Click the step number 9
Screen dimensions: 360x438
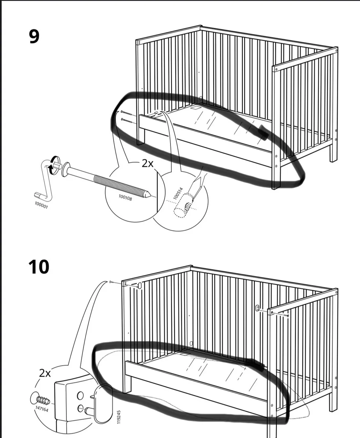click(34, 36)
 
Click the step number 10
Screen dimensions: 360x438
click(39, 267)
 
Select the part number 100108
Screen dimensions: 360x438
click(125, 197)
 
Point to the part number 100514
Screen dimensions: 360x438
click(178, 193)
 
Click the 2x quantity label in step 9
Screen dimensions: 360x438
click(148, 164)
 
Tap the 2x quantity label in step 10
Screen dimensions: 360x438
click(45, 374)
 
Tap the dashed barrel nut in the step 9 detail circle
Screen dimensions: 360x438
click(183, 205)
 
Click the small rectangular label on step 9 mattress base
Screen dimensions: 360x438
click(195, 108)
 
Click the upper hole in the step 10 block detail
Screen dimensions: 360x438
click(80, 395)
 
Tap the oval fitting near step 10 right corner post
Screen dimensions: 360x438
click(258, 308)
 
